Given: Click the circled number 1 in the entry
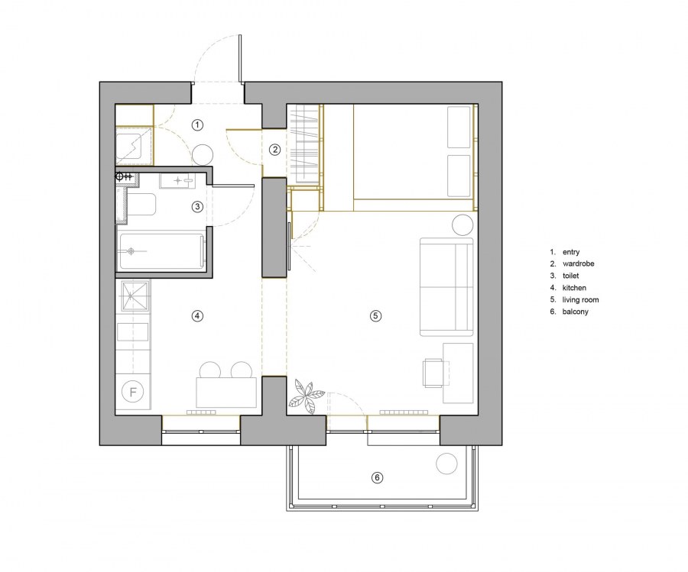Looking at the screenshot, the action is tap(197, 125).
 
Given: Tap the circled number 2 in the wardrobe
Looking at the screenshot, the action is tap(275, 150).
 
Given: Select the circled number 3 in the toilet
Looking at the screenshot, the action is tap(197, 206).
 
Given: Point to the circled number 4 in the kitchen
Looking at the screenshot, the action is tap(197, 315).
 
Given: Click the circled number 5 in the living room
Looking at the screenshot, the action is tap(375, 315).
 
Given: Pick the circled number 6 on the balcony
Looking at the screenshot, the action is tap(378, 477).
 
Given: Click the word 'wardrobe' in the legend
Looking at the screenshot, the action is tap(579, 264).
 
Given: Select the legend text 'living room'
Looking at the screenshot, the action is tap(580, 300).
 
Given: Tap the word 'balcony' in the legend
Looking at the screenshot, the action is tap(575, 312).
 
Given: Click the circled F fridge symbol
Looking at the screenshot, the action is tap(133, 391).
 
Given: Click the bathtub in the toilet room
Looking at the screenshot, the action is tap(162, 251).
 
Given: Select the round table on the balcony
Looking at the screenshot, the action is tap(446, 464).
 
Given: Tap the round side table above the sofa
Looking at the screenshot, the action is tap(463, 225).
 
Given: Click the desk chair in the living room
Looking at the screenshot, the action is tap(433, 373).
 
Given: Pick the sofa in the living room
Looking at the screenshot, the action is tap(446, 287).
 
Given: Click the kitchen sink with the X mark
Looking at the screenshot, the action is tap(134, 296).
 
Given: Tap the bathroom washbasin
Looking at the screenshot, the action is tap(177, 180).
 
